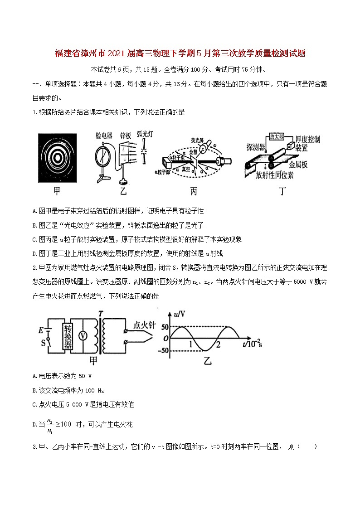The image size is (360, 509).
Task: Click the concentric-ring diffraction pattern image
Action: tap(57, 156)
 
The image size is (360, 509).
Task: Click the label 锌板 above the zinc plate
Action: tap(125, 136)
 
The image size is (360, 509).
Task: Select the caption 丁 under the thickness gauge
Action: tap(282, 192)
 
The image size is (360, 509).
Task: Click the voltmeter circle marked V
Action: tap(83, 335)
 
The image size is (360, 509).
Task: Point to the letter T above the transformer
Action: tap(100, 313)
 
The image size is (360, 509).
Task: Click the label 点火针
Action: tap(145, 324)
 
